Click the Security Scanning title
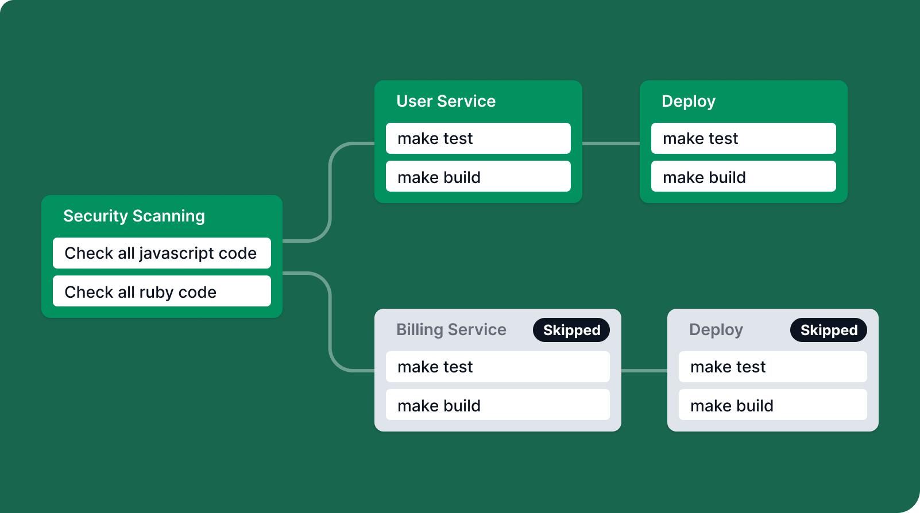coord(134,216)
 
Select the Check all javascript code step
coord(162,253)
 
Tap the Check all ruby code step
coord(162,291)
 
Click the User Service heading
coord(446,101)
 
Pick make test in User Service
coord(478,138)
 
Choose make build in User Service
coord(478,176)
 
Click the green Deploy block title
coord(689,102)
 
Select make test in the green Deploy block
coord(743,138)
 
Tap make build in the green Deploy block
coord(743,176)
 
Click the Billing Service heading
coord(451,330)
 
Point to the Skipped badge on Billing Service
coord(571,330)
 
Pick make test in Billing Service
coord(498,367)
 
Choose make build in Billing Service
coord(498,405)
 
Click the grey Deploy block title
coord(716,330)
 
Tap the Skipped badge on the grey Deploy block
coord(829,330)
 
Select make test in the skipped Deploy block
coord(772,367)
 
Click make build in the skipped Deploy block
coord(772,405)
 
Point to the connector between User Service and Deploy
coord(610,143)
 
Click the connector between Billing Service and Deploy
coord(644,371)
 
